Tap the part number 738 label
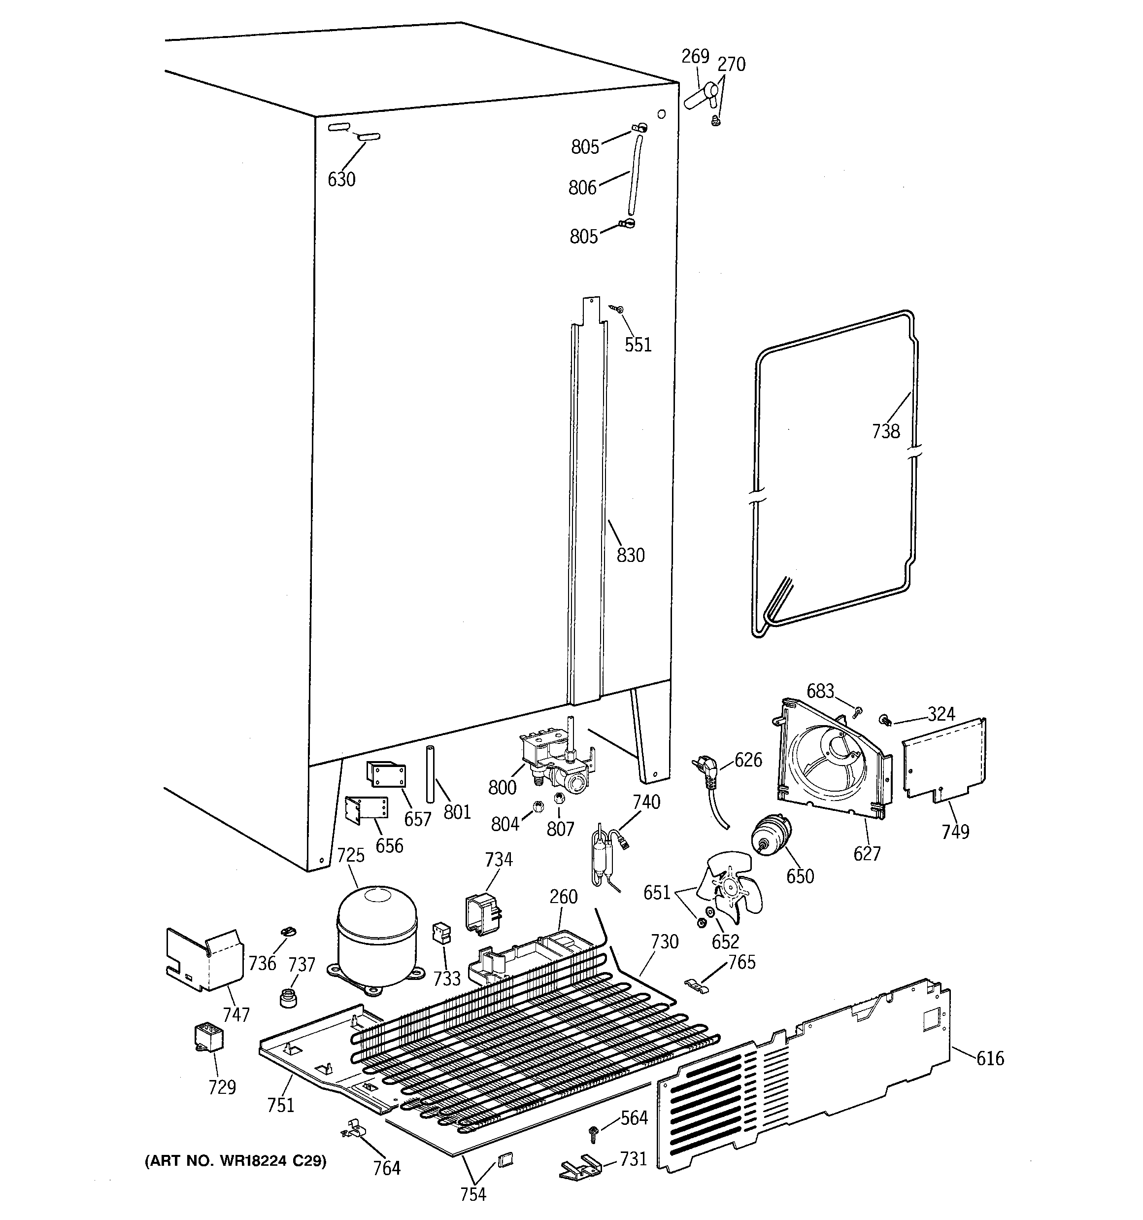point(885,431)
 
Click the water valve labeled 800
point(555,761)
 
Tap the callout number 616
point(990,1058)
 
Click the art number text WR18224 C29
point(235,1160)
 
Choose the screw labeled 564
point(594,1133)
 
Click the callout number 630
point(341,179)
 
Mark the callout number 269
point(695,57)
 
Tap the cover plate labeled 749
point(945,761)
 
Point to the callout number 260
point(563,897)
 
